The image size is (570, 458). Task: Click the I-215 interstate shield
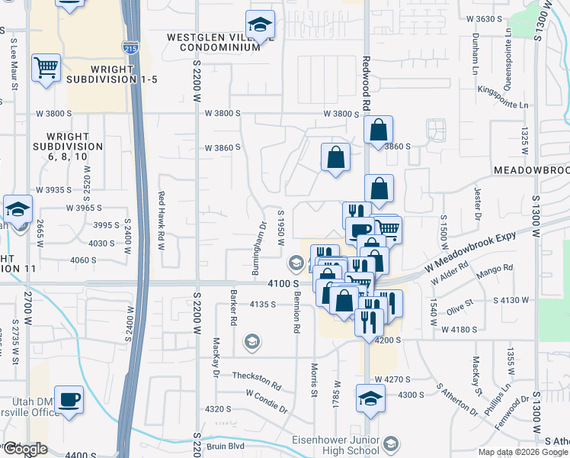coord(133,48)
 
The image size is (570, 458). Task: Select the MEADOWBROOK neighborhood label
coord(531,169)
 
